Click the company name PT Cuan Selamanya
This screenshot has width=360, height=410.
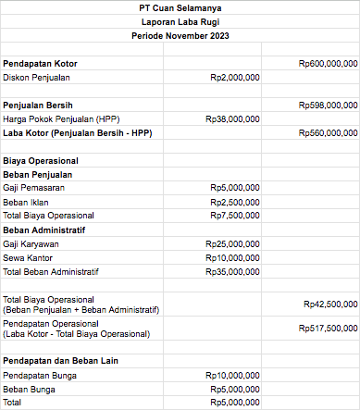[180, 8]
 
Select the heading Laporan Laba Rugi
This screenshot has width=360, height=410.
[180, 21]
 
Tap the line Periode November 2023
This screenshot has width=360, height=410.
[180, 35]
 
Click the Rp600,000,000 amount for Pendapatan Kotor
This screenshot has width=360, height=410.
[329, 63]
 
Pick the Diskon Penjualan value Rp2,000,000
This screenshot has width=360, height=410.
[235, 78]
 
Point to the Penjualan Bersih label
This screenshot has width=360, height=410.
[38, 106]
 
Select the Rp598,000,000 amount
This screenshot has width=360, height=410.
[329, 106]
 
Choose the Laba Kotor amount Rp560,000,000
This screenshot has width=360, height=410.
[329, 133]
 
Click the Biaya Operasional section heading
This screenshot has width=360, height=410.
[40, 161]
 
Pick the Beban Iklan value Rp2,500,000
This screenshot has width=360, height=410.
[235, 202]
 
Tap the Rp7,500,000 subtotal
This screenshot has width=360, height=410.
[235, 216]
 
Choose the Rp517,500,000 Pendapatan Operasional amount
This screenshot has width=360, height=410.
[329, 329]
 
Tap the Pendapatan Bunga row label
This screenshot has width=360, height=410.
[40, 375]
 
